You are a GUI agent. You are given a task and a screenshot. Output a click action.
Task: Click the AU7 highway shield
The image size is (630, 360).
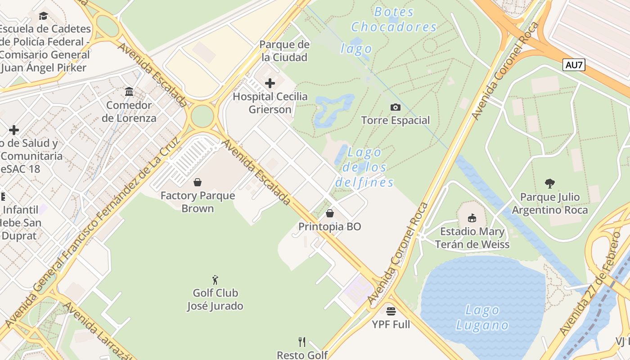click(x=574, y=65)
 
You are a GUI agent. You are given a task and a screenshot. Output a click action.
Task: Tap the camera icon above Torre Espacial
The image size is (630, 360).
click(x=396, y=107)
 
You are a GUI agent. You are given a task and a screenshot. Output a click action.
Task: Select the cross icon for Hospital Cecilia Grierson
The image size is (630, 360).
click(x=270, y=83)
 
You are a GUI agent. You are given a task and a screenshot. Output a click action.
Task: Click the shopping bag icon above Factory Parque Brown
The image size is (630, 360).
click(x=197, y=182)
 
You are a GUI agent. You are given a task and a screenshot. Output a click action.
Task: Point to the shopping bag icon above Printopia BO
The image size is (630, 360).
click(x=330, y=213)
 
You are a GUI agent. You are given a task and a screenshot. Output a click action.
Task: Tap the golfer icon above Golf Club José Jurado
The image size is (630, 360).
click(x=215, y=280)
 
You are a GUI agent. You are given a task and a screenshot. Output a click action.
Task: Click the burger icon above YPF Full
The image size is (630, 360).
click(x=391, y=311)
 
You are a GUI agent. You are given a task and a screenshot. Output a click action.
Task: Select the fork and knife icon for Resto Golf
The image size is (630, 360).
click(x=302, y=342)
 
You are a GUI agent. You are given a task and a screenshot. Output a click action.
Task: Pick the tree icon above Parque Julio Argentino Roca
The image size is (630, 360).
click(x=549, y=184)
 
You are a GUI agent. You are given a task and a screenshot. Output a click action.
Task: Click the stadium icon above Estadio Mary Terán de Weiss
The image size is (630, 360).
click(x=472, y=218)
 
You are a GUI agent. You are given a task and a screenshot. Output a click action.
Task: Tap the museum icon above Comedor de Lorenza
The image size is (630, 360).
click(x=129, y=92)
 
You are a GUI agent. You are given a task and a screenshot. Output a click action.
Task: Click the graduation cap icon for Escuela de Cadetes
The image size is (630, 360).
click(x=43, y=16)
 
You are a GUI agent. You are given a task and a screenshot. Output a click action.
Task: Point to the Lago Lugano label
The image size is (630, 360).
click(x=482, y=317)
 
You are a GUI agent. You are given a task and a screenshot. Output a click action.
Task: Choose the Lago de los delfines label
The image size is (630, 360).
click(x=364, y=167)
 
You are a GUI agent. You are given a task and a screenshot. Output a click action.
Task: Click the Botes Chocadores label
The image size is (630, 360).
click(x=394, y=19)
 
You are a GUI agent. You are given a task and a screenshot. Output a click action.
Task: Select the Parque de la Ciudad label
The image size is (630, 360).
click(x=284, y=51)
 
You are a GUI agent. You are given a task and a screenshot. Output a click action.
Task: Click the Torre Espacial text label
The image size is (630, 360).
click(x=396, y=121)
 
